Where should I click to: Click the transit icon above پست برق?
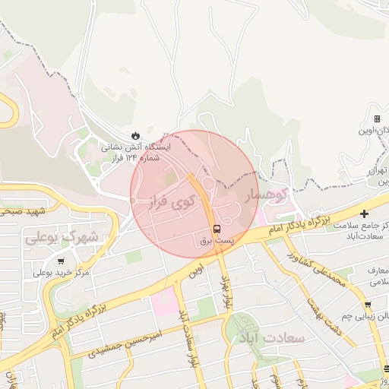(217, 228)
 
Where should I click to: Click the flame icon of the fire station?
(135, 135)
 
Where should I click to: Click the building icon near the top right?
(377, 119)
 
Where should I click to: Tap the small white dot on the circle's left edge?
(132, 201)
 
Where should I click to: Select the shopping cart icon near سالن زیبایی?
(367, 305)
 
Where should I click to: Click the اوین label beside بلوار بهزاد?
(198, 270)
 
